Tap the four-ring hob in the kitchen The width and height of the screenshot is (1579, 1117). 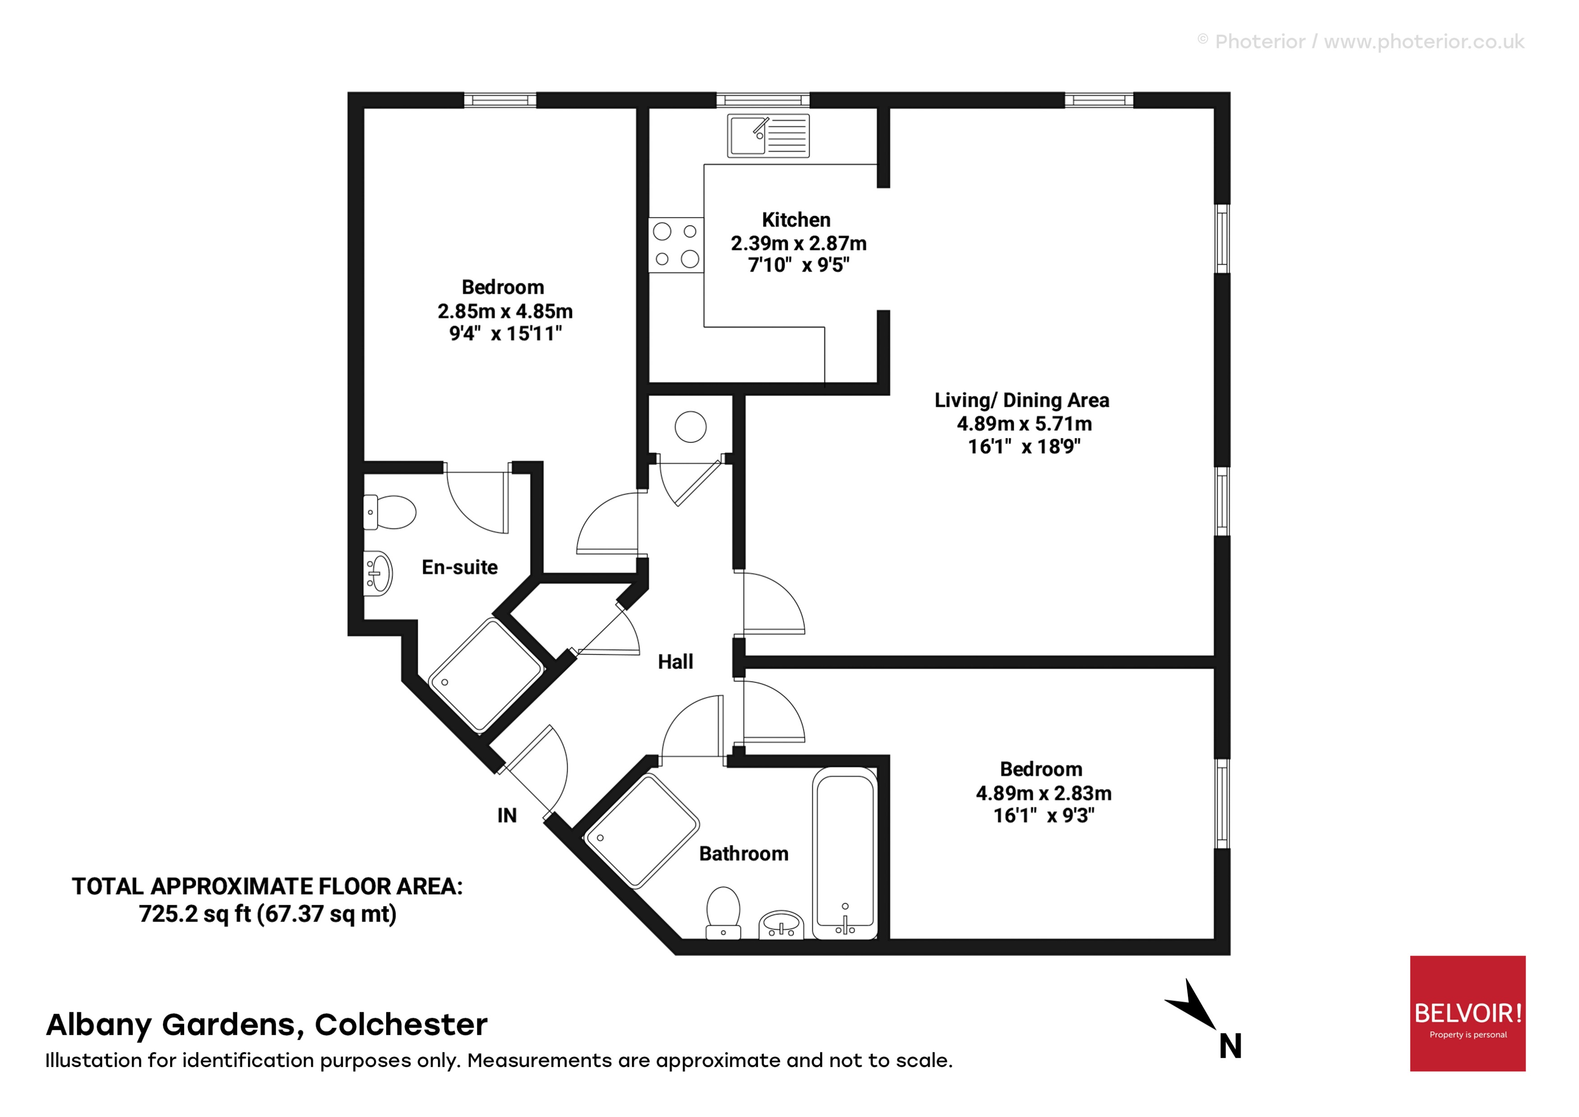tap(676, 245)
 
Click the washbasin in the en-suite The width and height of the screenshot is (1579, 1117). tap(378, 574)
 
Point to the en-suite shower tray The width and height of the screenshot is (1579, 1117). tap(485, 676)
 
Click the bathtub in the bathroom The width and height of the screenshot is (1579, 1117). tap(845, 853)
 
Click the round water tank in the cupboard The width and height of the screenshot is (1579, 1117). tap(690, 426)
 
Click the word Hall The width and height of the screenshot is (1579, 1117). tap(675, 662)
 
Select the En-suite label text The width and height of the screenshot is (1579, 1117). tap(459, 567)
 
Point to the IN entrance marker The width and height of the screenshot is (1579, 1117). tap(507, 816)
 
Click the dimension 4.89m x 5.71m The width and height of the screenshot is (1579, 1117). tap(1024, 424)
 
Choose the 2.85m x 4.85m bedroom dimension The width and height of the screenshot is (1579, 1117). tap(505, 311)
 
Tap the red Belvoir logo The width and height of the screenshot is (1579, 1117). tap(1468, 1013)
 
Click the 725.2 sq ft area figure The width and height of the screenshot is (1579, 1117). tap(194, 914)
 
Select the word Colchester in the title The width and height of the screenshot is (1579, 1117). tap(401, 1025)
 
